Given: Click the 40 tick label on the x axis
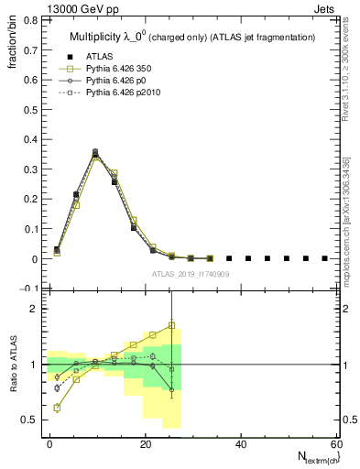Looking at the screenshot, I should (x=240, y=443).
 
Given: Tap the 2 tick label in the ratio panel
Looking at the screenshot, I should (x=33, y=310).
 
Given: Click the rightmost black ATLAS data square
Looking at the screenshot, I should (x=325, y=258).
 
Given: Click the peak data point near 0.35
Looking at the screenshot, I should (x=95, y=154).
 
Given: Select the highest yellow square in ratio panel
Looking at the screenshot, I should (x=171, y=325).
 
